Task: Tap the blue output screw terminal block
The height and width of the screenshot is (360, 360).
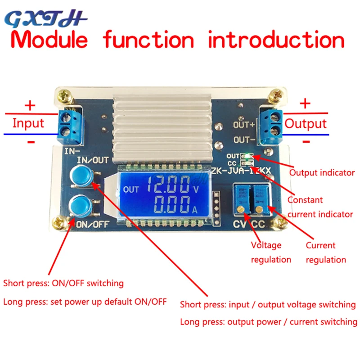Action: click(x=272, y=126)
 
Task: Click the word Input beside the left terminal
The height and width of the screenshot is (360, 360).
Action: click(x=28, y=123)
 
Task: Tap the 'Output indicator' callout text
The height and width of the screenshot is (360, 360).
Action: click(x=322, y=172)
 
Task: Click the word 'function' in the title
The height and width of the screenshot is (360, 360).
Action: click(x=148, y=40)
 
